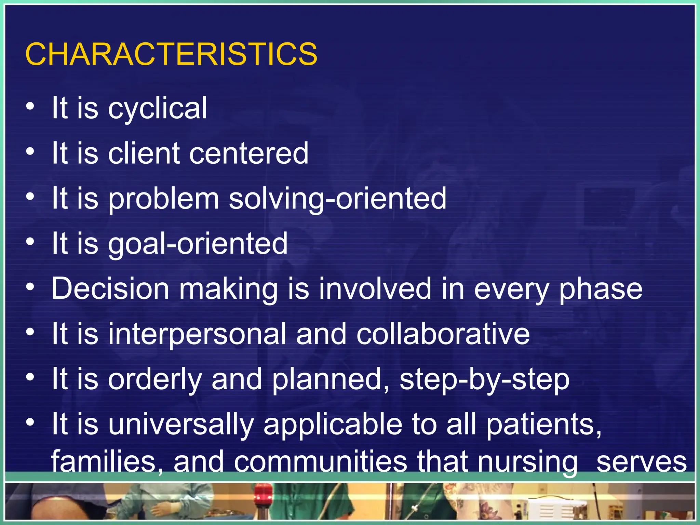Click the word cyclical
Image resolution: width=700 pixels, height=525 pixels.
tap(158, 109)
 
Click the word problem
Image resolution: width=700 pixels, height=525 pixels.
tap(164, 199)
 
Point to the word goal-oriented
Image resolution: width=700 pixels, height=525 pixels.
tap(198, 244)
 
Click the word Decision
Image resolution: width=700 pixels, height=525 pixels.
tap(110, 289)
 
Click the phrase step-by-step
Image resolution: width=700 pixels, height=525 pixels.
tap(484, 380)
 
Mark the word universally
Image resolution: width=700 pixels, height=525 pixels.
tap(181, 425)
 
